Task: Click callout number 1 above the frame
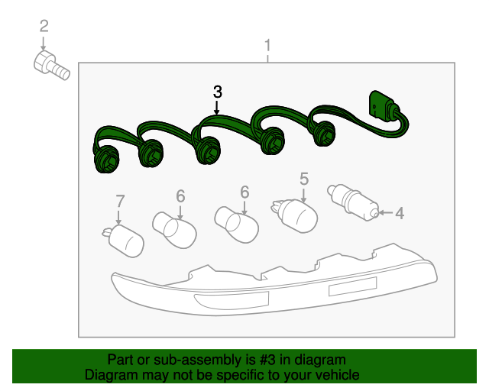pos(267,46)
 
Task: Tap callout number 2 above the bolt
pos(44,27)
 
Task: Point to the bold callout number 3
pos(218,91)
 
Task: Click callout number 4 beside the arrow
pos(399,213)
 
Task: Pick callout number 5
pos(303,179)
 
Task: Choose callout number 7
pos(120,202)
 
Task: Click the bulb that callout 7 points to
pos(124,240)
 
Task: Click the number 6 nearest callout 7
pos(180,195)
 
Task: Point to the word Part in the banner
pos(121,360)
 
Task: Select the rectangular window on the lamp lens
pos(353,288)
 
